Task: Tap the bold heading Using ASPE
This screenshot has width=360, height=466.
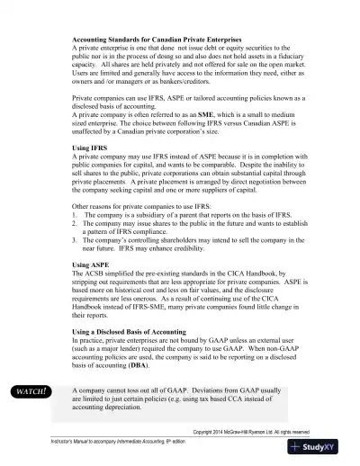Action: click(x=93, y=266)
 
